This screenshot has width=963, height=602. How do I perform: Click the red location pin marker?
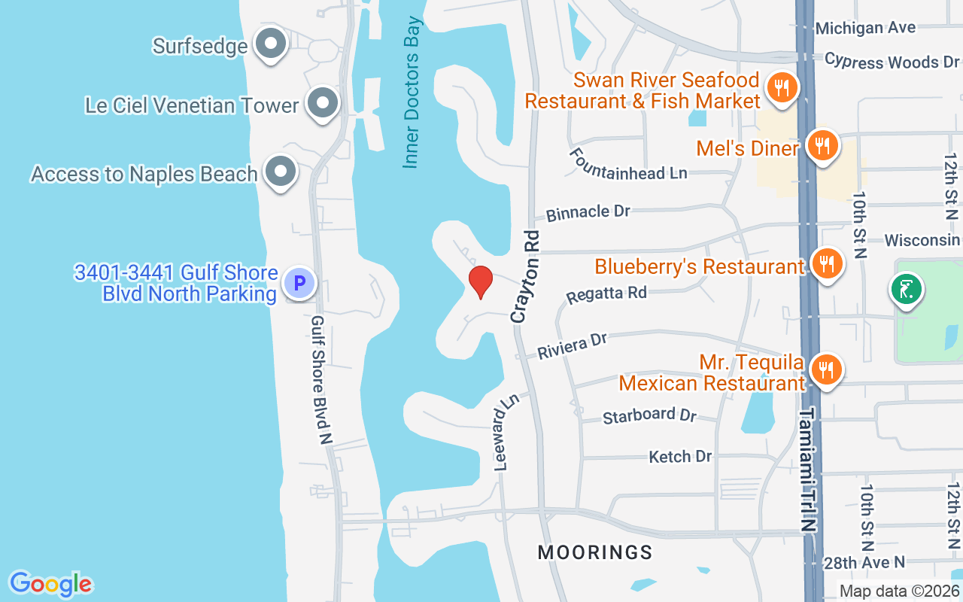[480, 281]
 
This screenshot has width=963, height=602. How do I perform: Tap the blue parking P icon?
[299, 284]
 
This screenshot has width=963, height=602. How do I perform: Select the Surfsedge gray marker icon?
[269, 44]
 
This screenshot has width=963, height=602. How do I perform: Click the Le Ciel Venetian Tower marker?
[324, 105]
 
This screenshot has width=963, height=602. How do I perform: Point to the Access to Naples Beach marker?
[281, 172]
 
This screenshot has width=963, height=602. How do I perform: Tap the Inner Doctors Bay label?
[412, 92]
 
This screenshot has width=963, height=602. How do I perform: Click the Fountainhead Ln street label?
[628, 163]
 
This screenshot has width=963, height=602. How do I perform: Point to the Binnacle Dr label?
[588, 212]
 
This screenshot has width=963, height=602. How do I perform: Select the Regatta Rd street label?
[606, 293]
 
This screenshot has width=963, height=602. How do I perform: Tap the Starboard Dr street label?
[649, 415]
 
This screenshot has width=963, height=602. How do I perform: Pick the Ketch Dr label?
[680, 456]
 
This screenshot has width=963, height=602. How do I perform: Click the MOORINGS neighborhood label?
[594, 552]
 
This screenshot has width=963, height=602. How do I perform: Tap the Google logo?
[50, 583]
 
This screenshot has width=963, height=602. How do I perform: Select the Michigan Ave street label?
[865, 28]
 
